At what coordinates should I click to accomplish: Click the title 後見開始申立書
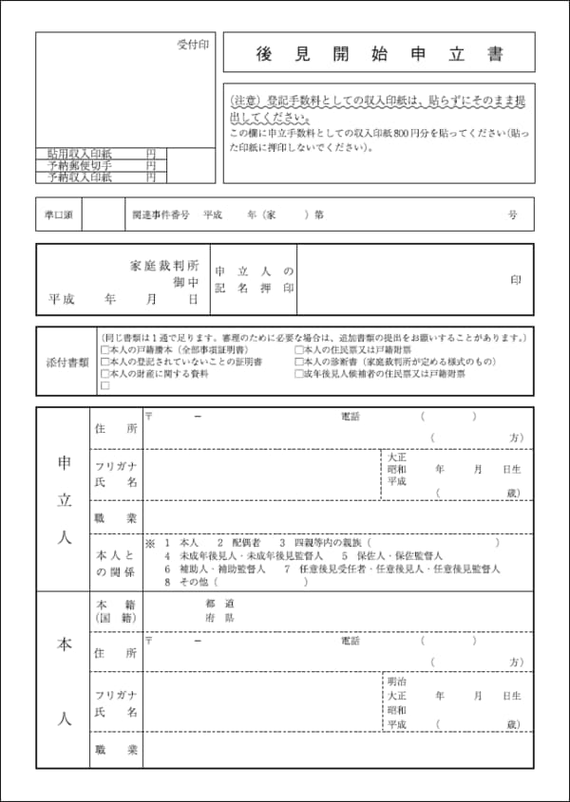coord(378,54)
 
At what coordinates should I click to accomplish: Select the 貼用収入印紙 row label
coord(80,153)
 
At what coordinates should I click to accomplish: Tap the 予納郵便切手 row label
coord(80,165)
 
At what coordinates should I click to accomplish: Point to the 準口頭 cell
coord(59,214)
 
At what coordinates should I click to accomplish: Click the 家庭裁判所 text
coord(164,266)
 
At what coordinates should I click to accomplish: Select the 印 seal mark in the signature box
coord(515,280)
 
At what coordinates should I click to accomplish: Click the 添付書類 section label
coord(66,362)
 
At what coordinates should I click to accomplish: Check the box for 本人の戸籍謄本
coord(104,350)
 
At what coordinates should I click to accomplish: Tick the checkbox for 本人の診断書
coord(298,363)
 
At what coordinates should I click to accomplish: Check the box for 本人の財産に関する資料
coord(104,375)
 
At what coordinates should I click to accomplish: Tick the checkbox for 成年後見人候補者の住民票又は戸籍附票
coord(298,375)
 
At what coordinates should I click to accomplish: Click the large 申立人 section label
coord(63,498)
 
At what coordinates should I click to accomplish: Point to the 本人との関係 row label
coord(116,562)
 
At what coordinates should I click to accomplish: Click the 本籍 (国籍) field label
coord(116,610)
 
